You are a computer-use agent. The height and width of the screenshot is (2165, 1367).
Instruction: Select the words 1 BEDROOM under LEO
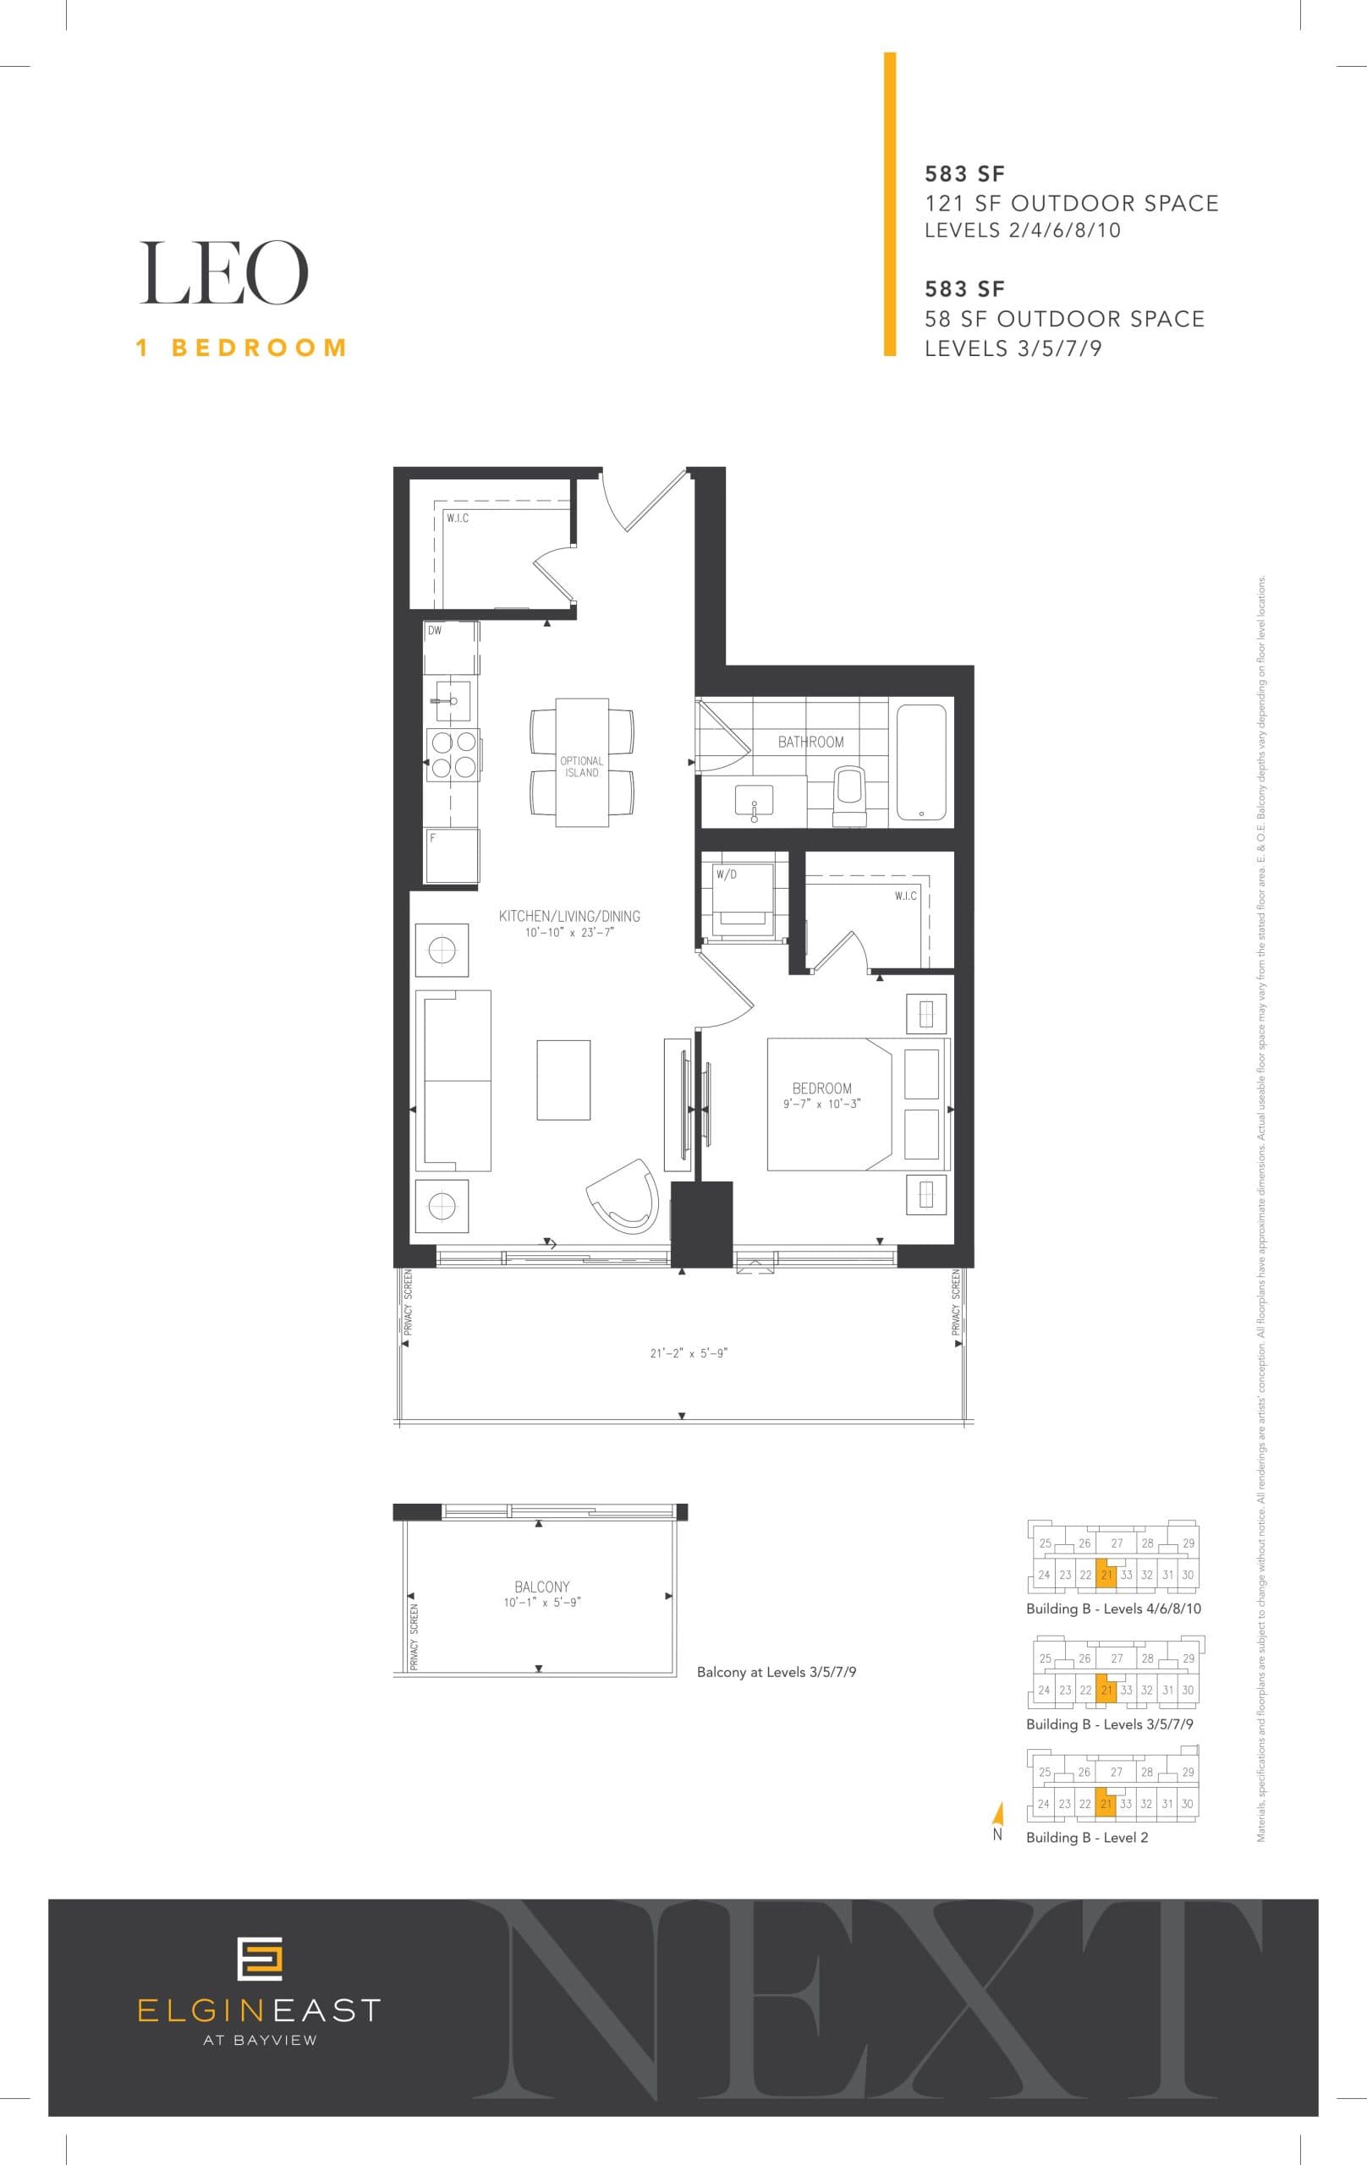(x=241, y=348)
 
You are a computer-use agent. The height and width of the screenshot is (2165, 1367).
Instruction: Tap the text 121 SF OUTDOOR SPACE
(x=1071, y=203)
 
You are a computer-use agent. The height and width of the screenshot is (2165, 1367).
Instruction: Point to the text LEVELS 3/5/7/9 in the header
(x=1013, y=348)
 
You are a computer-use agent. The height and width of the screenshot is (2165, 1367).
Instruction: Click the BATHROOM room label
(x=810, y=742)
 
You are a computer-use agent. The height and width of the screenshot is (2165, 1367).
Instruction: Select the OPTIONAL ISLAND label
(x=581, y=766)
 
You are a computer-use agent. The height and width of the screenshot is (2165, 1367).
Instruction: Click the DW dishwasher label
(x=435, y=631)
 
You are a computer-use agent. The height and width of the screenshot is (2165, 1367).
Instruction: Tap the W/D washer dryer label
(x=726, y=874)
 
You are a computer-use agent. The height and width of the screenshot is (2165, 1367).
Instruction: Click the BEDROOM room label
(x=821, y=1088)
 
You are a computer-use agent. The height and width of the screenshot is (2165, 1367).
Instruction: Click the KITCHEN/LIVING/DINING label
(x=569, y=916)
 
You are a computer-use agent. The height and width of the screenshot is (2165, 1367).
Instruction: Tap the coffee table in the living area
(x=563, y=1080)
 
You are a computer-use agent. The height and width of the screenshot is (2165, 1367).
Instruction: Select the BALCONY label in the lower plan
(x=541, y=1587)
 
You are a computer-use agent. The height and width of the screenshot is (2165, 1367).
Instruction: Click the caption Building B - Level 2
(x=1086, y=1838)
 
